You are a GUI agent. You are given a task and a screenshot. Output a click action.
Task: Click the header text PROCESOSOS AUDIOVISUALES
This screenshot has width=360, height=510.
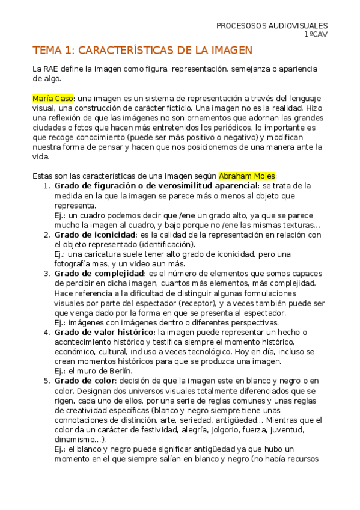pyautogui.click(x=272, y=26)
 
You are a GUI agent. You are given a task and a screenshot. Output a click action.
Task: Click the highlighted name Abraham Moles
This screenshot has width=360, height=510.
pyautogui.click(x=246, y=176)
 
